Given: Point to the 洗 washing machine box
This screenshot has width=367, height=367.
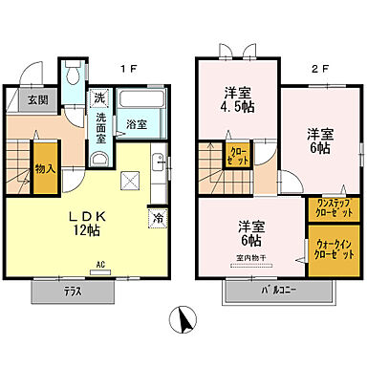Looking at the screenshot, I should coord(99,98).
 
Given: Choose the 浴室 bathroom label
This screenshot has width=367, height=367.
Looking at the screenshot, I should coord(136,124).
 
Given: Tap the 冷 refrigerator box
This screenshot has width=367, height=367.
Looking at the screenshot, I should coord(156,217).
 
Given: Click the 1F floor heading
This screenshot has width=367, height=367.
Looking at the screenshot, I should coord(124,67).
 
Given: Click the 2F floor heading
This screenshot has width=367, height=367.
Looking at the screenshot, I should coord(297,67).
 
